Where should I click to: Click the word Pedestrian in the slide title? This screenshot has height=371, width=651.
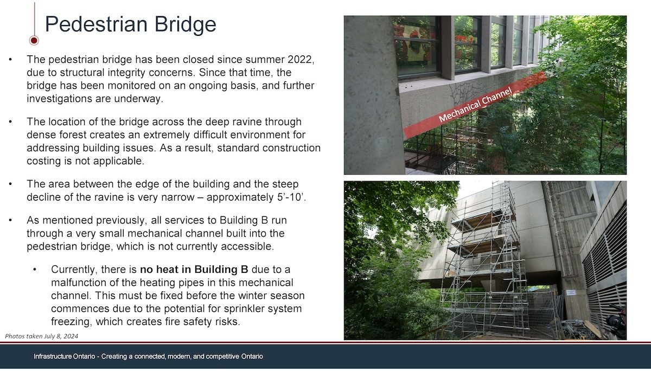point(97,24)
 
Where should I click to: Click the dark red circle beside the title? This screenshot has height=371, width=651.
point(34,40)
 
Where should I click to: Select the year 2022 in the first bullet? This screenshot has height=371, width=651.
point(300,59)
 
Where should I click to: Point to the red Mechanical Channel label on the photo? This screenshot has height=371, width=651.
point(475,105)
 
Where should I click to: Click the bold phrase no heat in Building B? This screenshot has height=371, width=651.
point(194,270)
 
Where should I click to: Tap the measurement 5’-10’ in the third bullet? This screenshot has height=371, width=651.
point(290,197)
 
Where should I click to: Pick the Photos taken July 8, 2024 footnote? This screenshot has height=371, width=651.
point(42,336)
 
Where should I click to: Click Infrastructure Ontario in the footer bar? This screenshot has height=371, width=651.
point(64,356)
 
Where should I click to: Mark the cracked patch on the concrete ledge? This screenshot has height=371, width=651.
point(465,93)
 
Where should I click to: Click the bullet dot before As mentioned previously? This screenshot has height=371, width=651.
point(10,220)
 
